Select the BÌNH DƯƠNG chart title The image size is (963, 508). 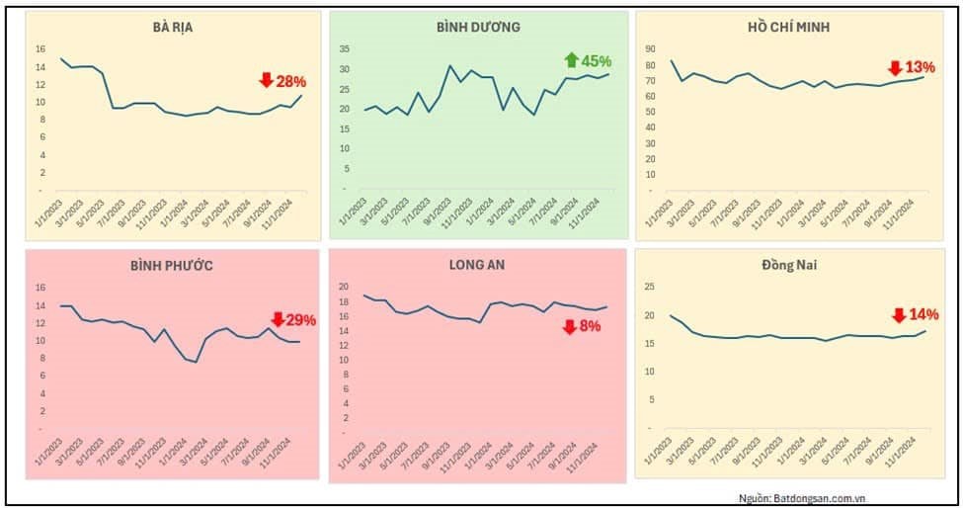478,28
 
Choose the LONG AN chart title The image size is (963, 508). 477,265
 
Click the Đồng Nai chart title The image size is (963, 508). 788,265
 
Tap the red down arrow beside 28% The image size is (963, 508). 266,80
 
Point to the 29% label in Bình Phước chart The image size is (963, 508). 300,319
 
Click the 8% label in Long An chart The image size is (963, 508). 590,326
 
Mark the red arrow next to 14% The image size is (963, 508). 898,315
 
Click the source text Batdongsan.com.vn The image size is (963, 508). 801,497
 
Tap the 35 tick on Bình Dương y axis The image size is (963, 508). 345,48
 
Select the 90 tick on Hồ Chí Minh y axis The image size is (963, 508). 650,48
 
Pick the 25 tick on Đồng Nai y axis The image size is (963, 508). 650,287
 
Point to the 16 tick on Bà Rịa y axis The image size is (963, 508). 40,48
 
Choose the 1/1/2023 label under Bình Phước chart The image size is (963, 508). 41,460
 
